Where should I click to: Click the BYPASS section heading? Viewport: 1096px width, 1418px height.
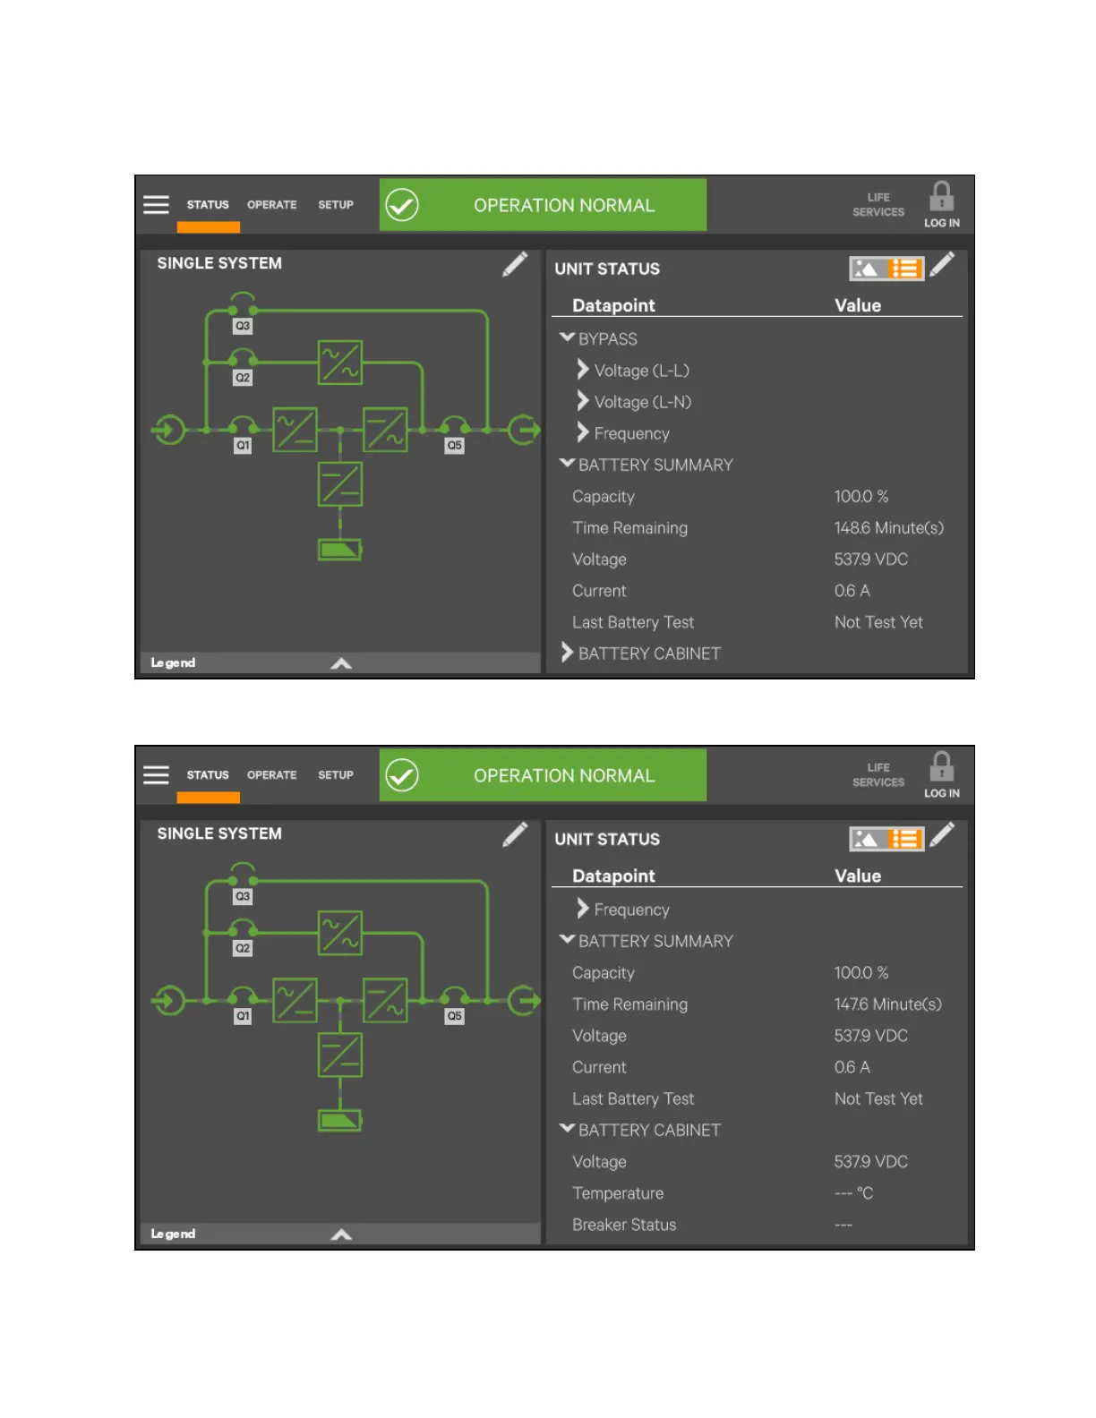(607, 339)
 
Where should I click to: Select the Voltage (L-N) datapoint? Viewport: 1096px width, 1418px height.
(642, 402)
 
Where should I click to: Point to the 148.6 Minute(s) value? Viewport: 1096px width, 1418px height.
(888, 528)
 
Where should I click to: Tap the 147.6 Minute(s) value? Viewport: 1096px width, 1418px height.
(887, 1004)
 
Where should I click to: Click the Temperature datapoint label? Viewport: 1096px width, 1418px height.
(618, 1193)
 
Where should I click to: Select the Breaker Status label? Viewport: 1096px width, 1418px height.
(624, 1225)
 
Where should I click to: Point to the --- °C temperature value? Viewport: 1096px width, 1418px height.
(853, 1193)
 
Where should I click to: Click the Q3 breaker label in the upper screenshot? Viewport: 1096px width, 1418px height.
(243, 326)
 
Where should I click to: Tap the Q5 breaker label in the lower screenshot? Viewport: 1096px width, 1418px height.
(455, 1016)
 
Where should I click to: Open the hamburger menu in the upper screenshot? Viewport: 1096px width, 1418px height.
(156, 205)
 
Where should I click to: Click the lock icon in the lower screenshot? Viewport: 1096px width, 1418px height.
(941, 767)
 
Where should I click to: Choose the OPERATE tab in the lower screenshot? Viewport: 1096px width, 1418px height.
(271, 775)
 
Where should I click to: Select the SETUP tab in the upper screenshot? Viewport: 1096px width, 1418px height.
(336, 205)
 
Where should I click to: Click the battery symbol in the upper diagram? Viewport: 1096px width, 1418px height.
(340, 550)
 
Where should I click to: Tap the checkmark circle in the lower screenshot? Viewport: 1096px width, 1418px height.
(402, 775)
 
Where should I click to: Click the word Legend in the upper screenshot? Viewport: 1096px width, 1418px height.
(173, 662)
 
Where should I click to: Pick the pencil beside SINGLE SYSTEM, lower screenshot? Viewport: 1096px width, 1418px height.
(515, 834)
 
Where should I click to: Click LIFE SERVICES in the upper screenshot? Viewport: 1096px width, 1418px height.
(878, 205)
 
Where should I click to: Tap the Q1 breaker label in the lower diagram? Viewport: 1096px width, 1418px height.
(243, 1016)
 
